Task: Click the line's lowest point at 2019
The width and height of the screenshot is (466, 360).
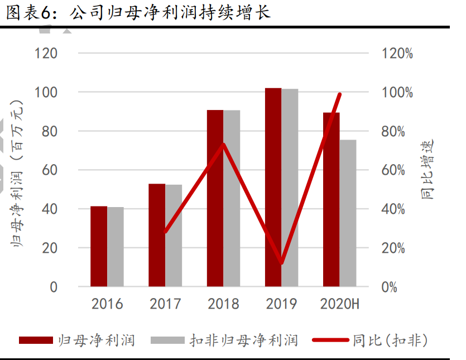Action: [x=282, y=263]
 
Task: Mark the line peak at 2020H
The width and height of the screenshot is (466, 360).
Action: [x=339, y=94]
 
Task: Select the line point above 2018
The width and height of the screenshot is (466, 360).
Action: [x=223, y=145]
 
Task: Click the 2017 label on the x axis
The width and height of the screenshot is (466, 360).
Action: [x=165, y=304]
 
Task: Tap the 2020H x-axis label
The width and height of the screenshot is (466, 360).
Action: [x=340, y=304]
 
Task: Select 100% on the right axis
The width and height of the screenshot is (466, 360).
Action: [x=397, y=93]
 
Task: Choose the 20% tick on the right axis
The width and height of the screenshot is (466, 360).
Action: [x=397, y=248]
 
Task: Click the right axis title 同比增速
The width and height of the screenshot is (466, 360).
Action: [x=427, y=170]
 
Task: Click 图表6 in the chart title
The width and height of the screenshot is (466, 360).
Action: [x=28, y=13]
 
